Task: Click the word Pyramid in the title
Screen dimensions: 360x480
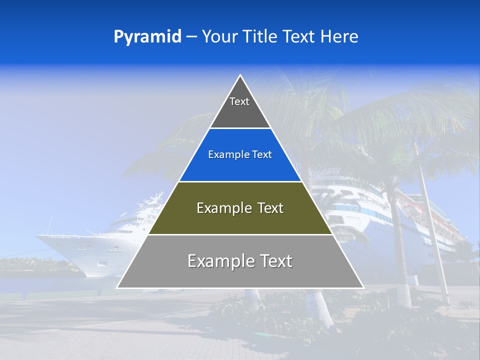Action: (x=147, y=37)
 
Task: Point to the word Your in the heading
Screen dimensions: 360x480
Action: (x=219, y=37)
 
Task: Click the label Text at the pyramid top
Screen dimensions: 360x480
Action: (x=239, y=101)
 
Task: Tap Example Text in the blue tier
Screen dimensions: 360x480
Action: (x=240, y=155)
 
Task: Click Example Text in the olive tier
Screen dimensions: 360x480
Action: (x=240, y=208)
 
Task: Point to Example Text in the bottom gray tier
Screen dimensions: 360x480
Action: (x=240, y=261)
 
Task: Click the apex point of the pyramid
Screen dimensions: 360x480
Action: (x=240, y=75)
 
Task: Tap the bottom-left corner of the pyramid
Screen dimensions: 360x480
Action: (x=117, y=287)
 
